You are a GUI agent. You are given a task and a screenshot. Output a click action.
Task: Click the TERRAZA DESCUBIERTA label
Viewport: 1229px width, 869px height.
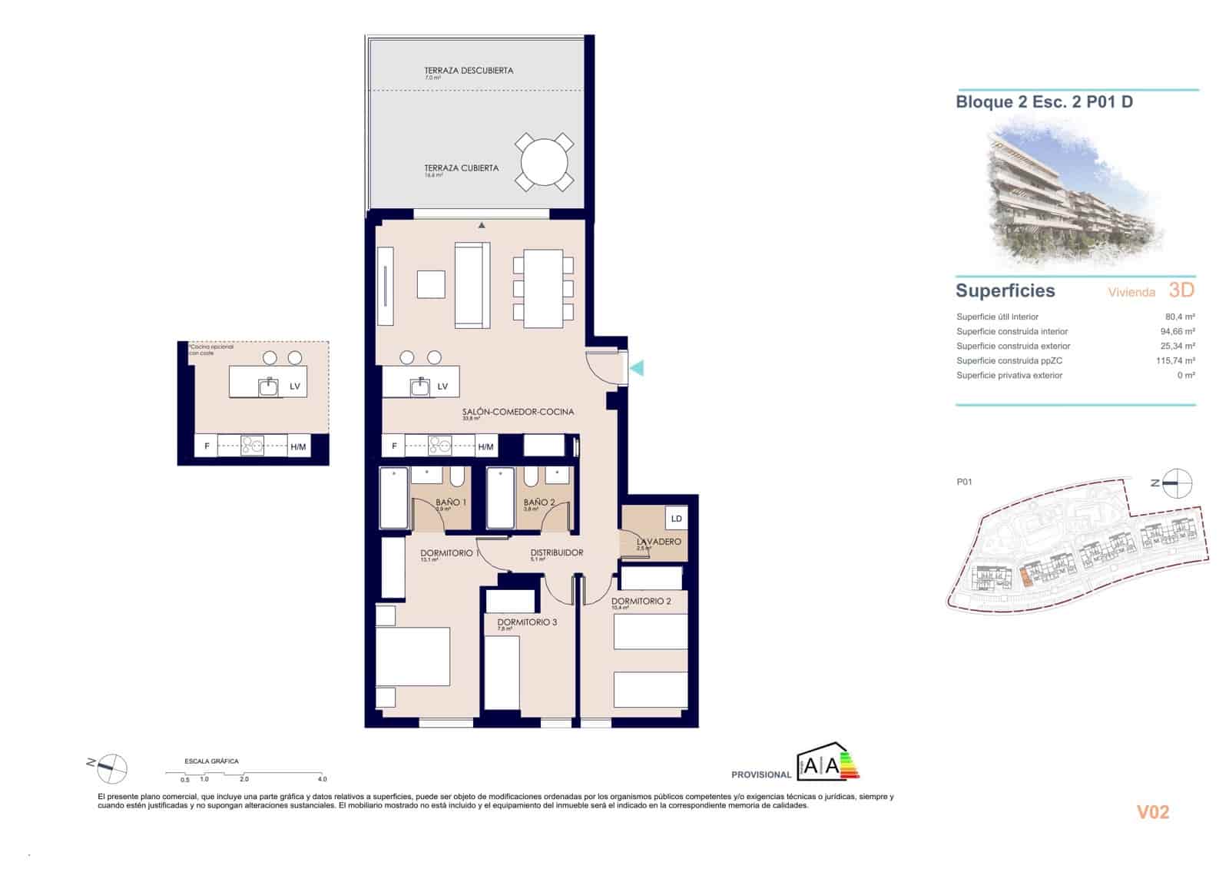469,71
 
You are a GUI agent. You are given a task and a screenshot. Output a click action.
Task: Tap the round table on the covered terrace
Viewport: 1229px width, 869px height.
544,162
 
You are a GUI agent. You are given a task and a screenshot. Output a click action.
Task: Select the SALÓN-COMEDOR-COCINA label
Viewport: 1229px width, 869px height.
518,412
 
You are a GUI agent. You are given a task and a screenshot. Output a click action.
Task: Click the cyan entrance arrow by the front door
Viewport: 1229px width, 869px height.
637,369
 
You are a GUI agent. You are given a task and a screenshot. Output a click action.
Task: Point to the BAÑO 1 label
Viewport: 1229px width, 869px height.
451,502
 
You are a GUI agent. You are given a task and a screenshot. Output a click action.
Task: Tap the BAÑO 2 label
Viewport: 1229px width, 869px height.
539,502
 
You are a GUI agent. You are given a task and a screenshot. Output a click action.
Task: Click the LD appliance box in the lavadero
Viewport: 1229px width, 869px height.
676,519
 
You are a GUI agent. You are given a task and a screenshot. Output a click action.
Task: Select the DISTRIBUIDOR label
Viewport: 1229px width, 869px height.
556,552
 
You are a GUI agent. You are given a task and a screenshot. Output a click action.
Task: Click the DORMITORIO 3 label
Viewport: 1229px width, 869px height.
527,622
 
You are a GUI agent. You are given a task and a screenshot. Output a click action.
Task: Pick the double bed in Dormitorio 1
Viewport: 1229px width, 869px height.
413,657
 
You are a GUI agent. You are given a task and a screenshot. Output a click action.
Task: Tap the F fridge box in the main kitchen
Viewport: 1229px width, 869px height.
394,446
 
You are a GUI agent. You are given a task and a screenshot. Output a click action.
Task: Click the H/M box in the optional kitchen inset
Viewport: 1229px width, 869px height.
298,446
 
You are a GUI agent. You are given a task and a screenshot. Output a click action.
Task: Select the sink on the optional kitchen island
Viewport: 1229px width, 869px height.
268,386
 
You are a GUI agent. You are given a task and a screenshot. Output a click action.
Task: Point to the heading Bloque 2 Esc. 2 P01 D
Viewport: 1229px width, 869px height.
1044,101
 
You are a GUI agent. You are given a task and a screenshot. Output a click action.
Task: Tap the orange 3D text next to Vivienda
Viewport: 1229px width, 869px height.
1181,290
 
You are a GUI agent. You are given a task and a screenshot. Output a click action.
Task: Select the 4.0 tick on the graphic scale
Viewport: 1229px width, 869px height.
322,778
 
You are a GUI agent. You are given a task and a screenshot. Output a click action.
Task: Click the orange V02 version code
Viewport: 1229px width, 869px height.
1152,812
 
